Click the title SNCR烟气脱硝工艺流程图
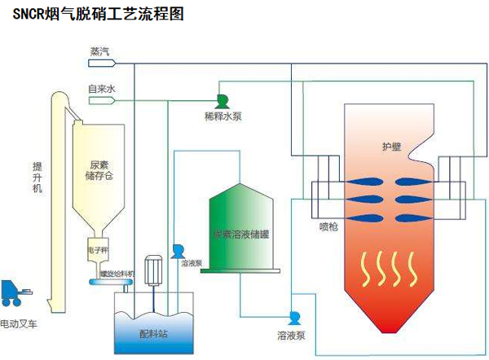click(96, 15)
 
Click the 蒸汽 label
click(99, 51)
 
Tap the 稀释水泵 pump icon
click(221, 100)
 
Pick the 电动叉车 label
click(20, 323)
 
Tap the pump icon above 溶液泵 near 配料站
click(178, 250)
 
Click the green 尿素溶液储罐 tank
click(242, 232)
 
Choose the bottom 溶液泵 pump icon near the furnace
click(295, 316)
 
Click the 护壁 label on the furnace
click(391, 147)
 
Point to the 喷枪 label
click(330, 220)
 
